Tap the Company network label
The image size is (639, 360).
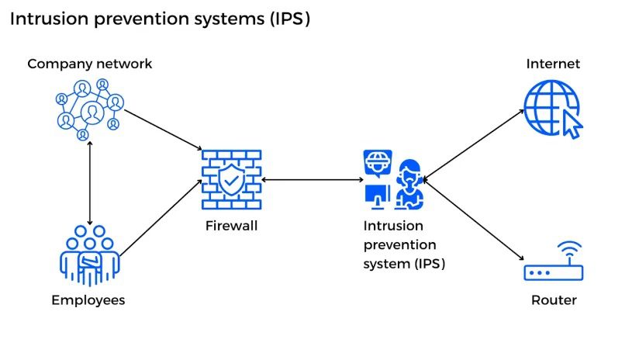click(x=89, y=64)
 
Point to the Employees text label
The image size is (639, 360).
click(x=88, y=300)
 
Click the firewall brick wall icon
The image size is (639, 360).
click(x=231, y=180)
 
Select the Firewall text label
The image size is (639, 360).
click(x=231, y=227)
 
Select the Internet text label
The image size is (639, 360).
click(x=553, y=64)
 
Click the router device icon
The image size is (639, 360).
click(x=554, y=272)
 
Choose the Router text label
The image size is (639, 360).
click(x=554, y=300)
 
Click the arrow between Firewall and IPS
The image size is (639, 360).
click(x=313, y=179)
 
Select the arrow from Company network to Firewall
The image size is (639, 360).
click(x=164, y=129)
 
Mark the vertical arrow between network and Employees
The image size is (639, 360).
click(x=91, y=182)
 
